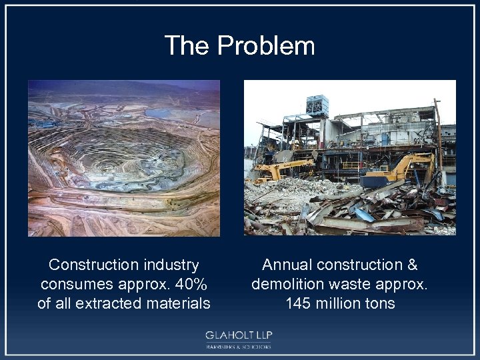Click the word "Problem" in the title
click(266, 46)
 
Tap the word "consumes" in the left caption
click(69, 284)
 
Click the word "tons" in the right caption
click(379, 303)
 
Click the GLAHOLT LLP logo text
click(239, 335)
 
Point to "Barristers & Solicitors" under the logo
click(239, 347)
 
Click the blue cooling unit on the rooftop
click(317, 105)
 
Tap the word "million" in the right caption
click(339, 303)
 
